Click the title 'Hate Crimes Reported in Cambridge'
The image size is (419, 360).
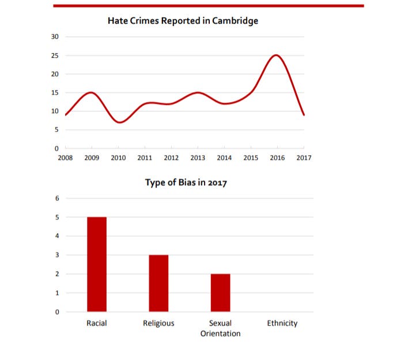point(183,21)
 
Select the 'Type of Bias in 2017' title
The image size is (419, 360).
point(185,183)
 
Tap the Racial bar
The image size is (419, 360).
point(97,264)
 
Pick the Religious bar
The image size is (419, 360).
point(158,283)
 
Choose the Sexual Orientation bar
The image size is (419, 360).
point(220,292)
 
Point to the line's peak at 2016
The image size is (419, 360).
point(277,55)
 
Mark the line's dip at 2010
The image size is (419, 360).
point(119,122)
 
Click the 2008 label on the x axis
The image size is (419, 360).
point(65,157)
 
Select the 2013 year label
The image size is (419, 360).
point(198,157)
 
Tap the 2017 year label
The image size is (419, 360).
point(304,157)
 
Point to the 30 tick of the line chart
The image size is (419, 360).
point(55,37)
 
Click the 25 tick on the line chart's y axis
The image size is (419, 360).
point(55,55)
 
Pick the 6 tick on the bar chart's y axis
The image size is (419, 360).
point(56,198)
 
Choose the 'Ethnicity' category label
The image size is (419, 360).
point(282,323)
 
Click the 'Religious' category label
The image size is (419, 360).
point(158,323)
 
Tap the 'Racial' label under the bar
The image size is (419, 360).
point(97,323)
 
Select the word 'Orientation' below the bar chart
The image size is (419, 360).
point(220,333)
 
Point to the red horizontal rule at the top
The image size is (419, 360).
point(209,6)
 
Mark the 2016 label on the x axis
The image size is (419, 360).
point(277,157)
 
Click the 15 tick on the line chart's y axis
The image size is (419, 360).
point(55,92)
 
